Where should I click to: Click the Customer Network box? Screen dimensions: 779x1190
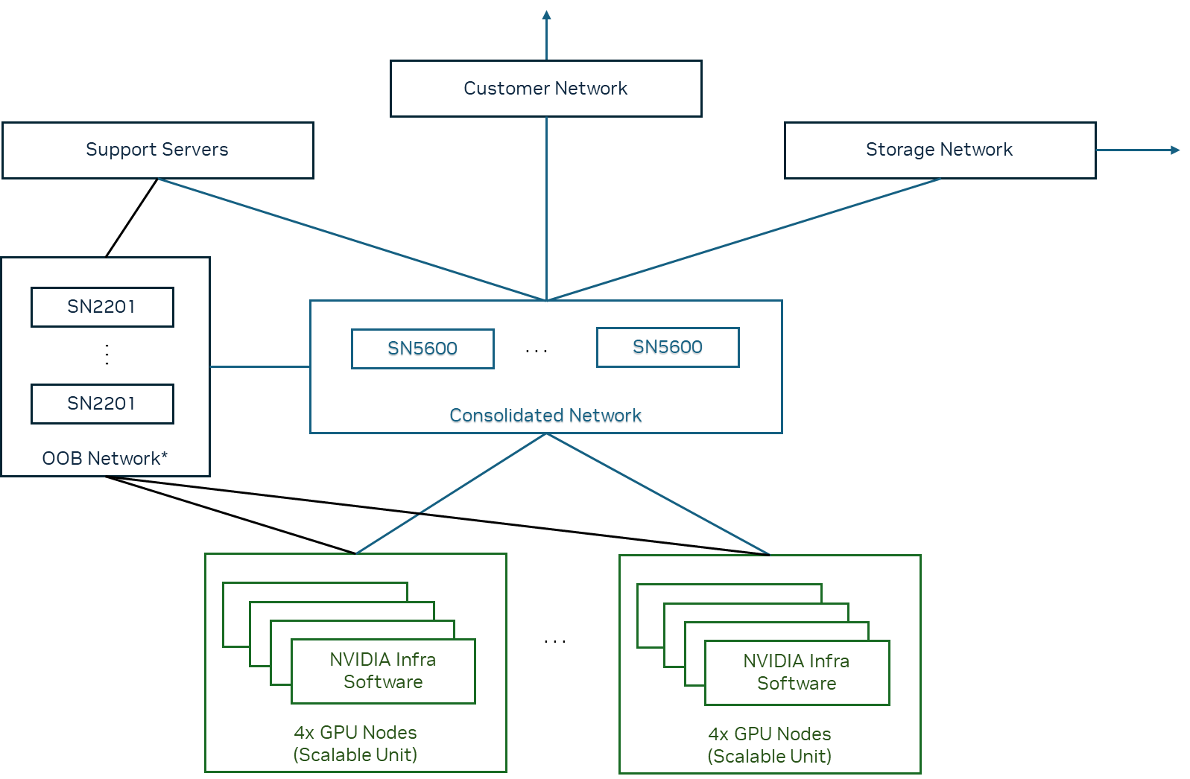click(545, 89)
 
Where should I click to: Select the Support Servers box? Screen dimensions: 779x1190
click(157, 150)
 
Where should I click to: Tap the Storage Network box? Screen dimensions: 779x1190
click(939, 150)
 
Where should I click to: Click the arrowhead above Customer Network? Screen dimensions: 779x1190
click(546, 15)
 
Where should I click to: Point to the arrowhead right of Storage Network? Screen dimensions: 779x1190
click(1175, 150)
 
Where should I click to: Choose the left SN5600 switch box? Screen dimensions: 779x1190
click(422, 349)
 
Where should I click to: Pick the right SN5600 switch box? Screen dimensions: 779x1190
click(667, 347)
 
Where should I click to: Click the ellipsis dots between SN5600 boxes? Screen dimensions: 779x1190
click(537, 350)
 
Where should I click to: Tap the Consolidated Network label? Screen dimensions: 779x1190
click(545, 416)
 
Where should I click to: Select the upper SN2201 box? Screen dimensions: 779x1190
click(102, 307)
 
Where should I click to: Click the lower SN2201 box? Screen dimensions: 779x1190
click(102, 404)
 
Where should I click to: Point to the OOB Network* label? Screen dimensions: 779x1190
click(104, 458)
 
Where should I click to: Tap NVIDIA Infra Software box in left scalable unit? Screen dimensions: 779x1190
click(383, 671)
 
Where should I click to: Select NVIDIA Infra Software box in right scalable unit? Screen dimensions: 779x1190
click(797, 673)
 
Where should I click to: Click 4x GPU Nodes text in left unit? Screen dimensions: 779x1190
click(355, 732)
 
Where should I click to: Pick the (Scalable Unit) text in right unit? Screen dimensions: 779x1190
click(769, 757)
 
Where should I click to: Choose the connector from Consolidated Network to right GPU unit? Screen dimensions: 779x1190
click(659, 495)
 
